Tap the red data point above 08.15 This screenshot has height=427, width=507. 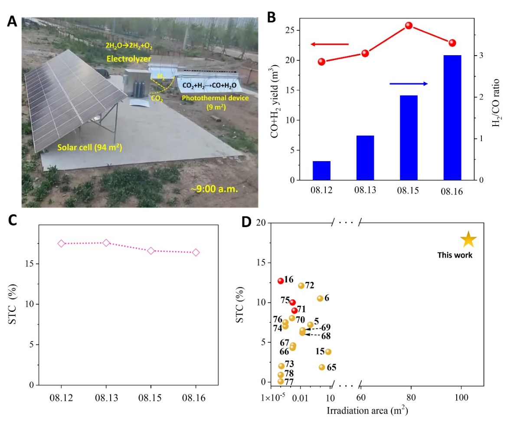point(409,26)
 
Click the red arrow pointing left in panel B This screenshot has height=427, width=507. point(329,44)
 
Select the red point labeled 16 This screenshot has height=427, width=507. point(281,281)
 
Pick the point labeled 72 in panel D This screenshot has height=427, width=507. point(301,285)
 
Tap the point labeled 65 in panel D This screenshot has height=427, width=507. point(322,367)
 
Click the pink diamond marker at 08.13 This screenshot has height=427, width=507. point(106,243)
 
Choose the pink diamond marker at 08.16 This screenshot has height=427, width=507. point(196,252)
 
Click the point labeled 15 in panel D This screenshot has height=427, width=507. point(328,352)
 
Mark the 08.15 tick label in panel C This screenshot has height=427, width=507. point(151,397)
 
